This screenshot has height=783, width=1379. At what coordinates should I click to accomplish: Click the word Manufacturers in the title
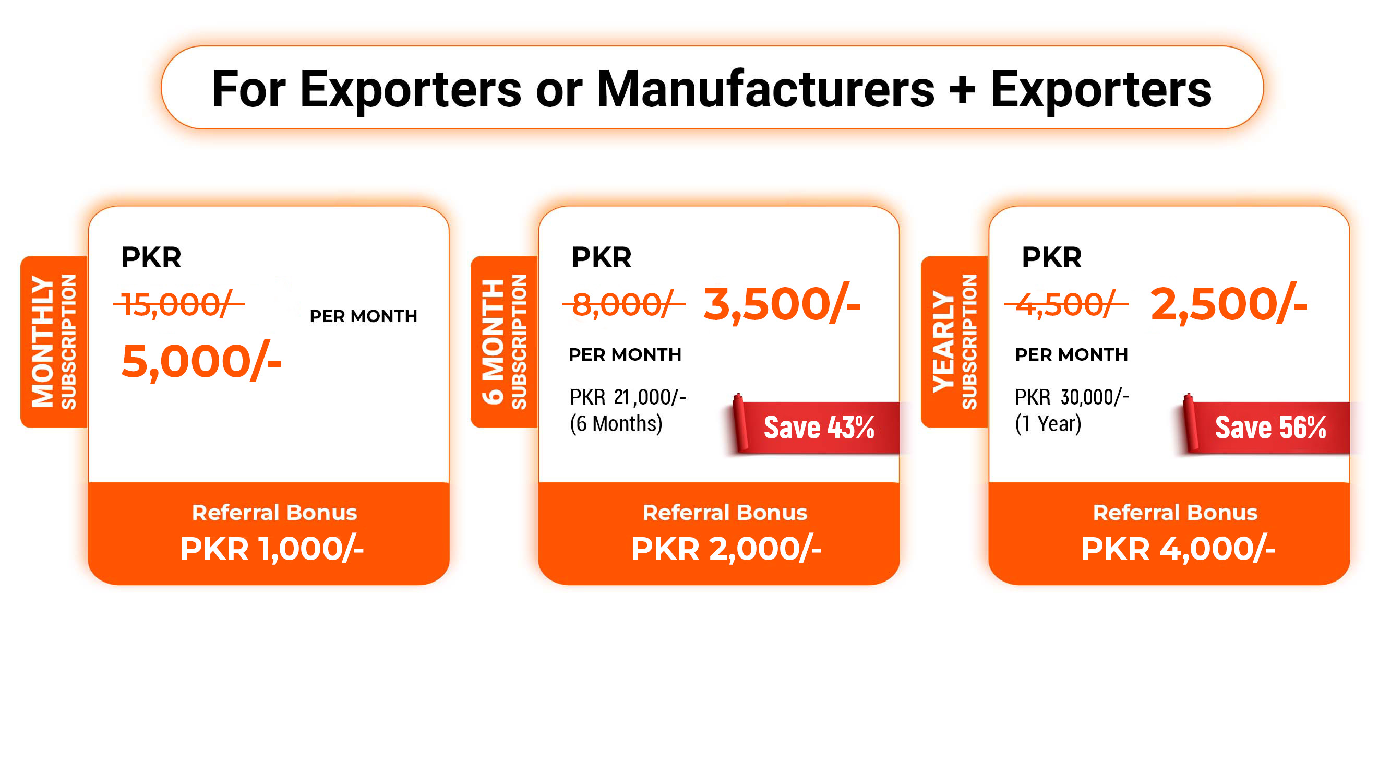point(765,89)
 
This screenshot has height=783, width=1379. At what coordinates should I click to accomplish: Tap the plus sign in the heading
point(962,90)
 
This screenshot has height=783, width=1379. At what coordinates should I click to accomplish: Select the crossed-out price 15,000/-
point(179,304)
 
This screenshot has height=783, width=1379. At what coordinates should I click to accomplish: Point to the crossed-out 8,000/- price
point(623,304)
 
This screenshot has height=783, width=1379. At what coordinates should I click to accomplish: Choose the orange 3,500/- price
point(782,304)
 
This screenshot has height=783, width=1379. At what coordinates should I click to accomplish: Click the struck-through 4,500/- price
point(1066,304)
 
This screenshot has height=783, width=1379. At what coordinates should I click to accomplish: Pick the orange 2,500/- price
point(1229,304)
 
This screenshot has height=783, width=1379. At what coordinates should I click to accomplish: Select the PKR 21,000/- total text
point(628,397)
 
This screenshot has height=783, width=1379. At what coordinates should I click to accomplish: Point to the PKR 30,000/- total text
point(1072,397)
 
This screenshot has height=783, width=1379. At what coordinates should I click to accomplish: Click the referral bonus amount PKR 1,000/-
point(272,549)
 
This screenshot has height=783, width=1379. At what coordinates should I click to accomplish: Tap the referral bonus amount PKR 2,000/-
point(726,549)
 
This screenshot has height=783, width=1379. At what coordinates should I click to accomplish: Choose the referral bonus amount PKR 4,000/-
point(1178,549)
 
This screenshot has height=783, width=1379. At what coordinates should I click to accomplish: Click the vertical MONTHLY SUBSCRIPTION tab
point(54,341)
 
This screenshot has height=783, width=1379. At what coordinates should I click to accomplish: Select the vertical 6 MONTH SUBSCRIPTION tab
point(504,341)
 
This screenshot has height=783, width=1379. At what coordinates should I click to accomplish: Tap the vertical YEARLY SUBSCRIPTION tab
point(954,341)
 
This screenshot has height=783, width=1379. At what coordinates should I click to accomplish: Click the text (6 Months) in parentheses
point(616,424)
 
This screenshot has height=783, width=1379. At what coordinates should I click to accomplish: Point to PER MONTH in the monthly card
point(363,316)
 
